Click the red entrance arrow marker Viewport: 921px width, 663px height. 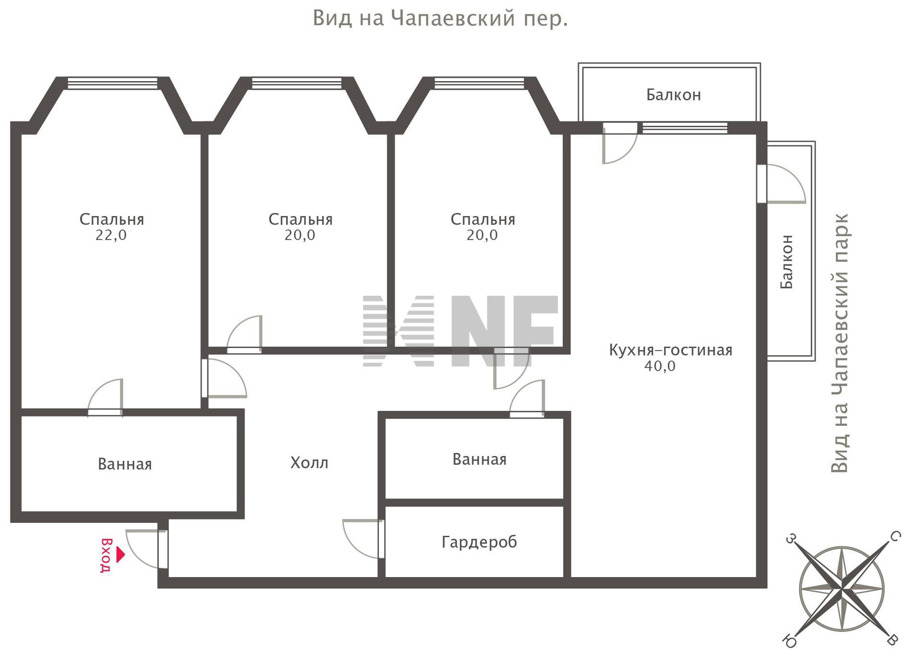[120, 555]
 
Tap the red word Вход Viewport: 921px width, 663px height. [106, 555]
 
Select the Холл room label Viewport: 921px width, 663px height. [309, 463]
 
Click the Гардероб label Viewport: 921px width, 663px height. [479, 542]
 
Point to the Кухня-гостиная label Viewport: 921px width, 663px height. [671, 350]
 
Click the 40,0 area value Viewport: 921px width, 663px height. [660, 366]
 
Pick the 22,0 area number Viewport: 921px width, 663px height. [111, 235]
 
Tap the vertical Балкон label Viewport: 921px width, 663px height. [787, 262]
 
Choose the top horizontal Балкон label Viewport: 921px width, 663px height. [673, 95]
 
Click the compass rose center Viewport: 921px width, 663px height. [842, 589]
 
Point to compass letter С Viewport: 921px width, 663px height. [895, 536]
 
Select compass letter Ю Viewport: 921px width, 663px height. [789, 641]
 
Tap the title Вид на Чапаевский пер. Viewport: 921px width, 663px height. [440, 19]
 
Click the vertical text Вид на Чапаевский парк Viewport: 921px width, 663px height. [839, 343]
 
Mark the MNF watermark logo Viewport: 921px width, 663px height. [460, 331]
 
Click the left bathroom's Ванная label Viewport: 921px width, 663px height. [125, 464]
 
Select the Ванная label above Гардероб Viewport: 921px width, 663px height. [479, 459]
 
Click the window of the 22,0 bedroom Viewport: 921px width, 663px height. [113, 83]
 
